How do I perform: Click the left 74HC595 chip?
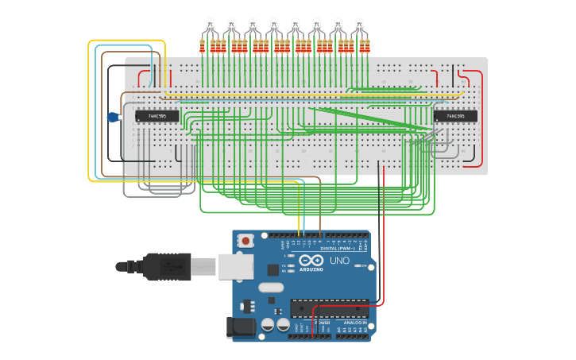pos(157,116)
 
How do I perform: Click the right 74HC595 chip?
pos(454,116)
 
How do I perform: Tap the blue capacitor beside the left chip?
pos(113,118)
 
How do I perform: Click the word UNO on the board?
pos(339,261)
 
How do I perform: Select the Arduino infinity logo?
pos(311,260)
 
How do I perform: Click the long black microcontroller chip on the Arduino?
pos(329,308)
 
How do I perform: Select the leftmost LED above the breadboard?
pos(211,24)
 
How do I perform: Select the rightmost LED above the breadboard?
pos(360,24)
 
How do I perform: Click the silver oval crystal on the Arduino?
pos(270,288)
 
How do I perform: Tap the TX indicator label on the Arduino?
pos(284,265)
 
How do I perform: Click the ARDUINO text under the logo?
pos(311,269)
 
